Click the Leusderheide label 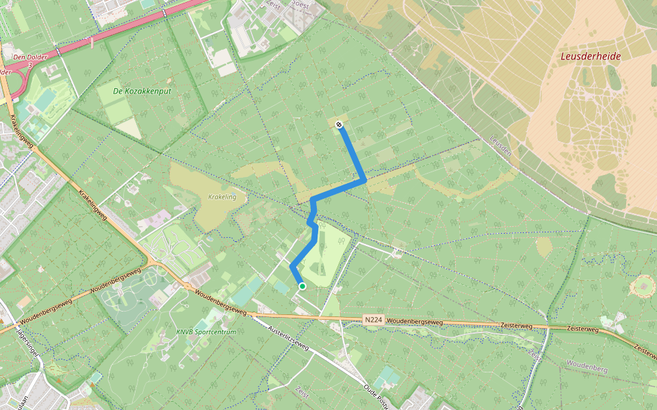[590, 57]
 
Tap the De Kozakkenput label [133, 90]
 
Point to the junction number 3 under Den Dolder [30, 65]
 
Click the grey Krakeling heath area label [221, 196]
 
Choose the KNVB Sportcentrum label [207, 331]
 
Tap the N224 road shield [372, 319]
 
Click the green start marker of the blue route [302, 286]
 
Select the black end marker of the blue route [339, 124]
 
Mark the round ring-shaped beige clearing [643, 285]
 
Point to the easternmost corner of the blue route [365, 180]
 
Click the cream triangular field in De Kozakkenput [127, 128]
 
